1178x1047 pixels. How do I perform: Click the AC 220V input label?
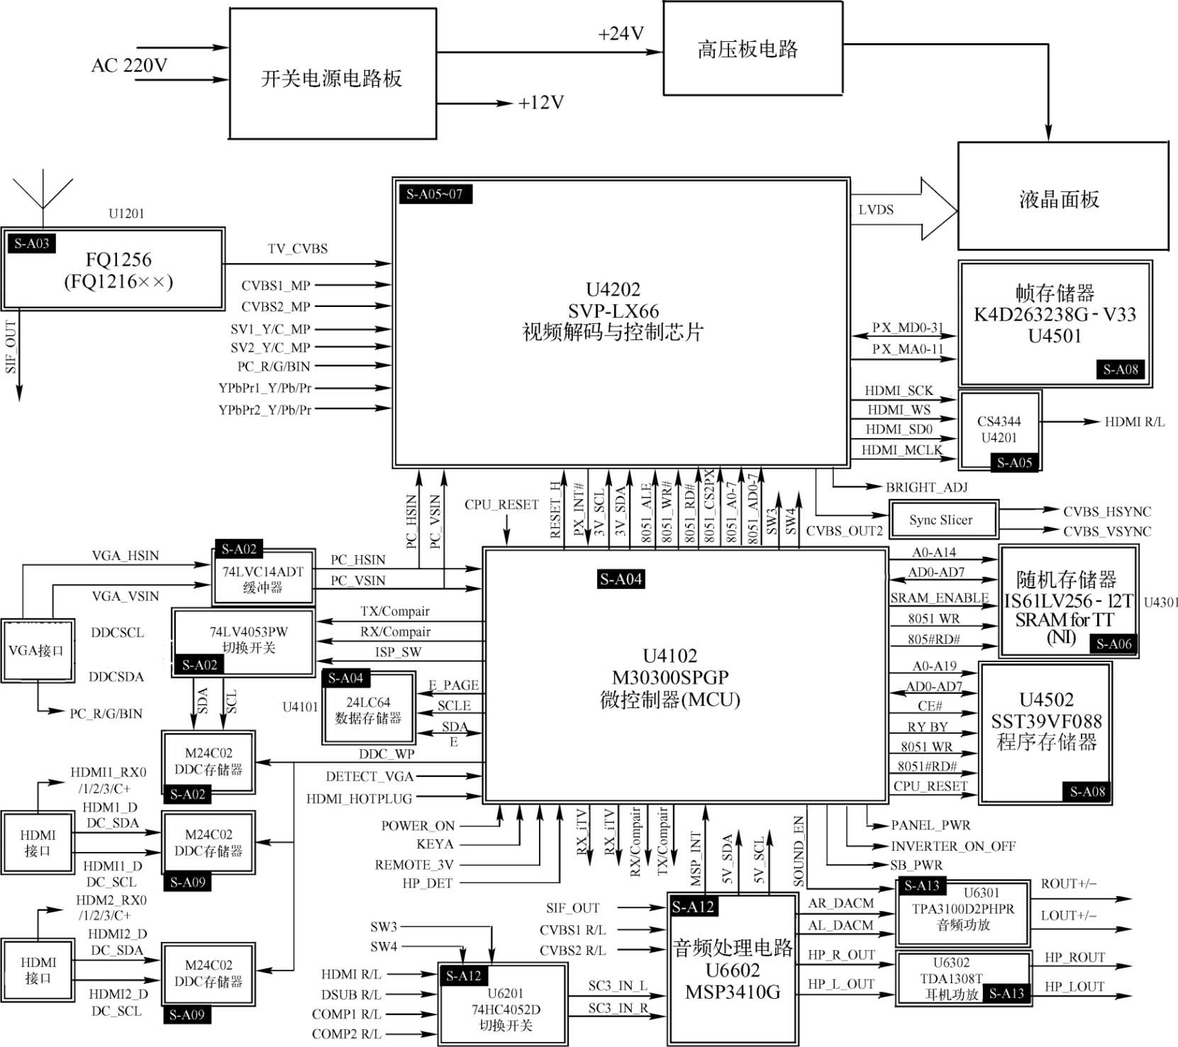[129, 65]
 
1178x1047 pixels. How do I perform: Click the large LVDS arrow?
[904, 209]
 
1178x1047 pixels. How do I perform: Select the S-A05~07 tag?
[435, 194]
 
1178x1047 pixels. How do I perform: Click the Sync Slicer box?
[942, 520]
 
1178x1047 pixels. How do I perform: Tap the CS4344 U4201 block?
[999, 430]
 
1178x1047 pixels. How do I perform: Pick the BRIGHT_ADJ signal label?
[926, 487]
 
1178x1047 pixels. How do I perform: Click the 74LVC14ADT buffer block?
[263, 578]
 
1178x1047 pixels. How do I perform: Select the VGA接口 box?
[37, 651]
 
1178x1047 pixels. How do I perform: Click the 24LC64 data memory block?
[368, 710]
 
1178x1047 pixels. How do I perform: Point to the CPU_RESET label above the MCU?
[501, 504]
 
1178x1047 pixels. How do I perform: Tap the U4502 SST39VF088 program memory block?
[1045, 732]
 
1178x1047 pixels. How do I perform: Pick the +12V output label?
[540, 103]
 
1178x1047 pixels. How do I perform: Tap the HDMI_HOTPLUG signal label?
[359, 799]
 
